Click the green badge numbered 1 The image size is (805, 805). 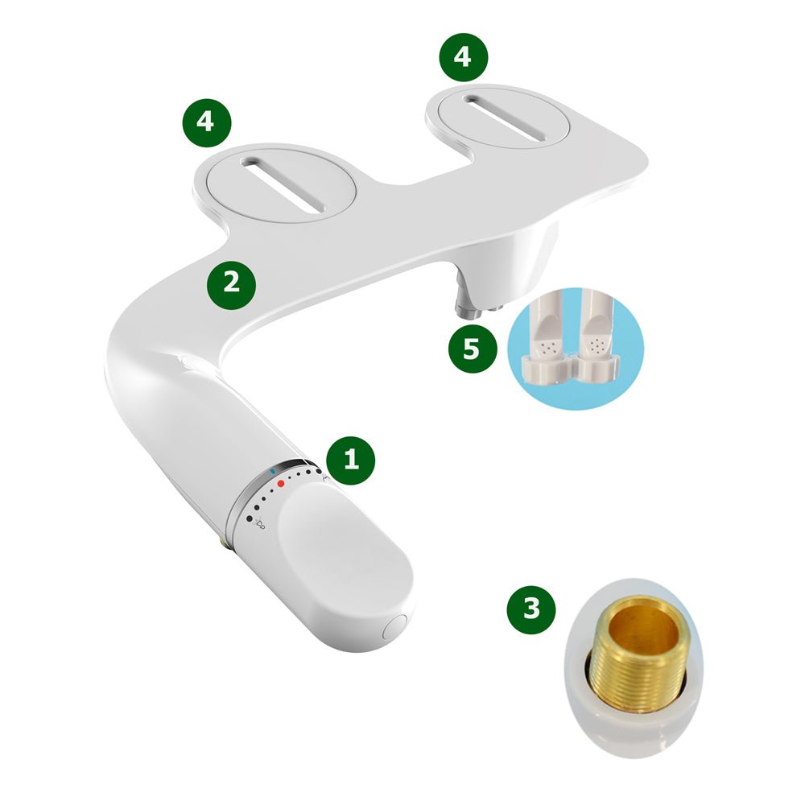(350, 460)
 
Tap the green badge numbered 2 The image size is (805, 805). (231, 284)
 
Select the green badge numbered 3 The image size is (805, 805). (531, 609)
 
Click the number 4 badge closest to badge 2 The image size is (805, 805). (206, 122)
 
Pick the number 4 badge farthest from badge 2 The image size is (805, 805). (464, 56)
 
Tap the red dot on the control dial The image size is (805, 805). (281, 484)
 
